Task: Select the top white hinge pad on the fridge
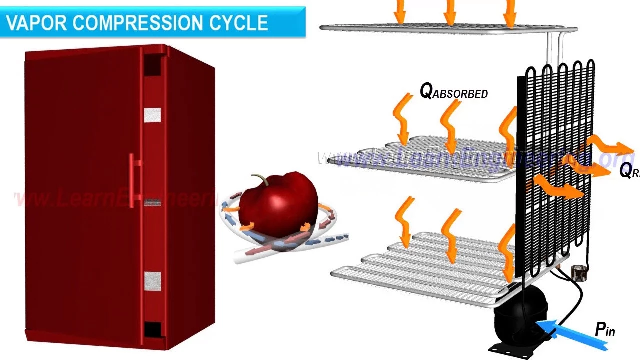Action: pyautogui.click(x=152, y=115)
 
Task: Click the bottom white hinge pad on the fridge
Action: pyautogui.click(x=152, y=281)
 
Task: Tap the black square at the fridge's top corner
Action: pyautogui.click(x=152, y=64)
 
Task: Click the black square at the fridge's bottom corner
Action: pyautogui.click(x=152, y=330)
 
